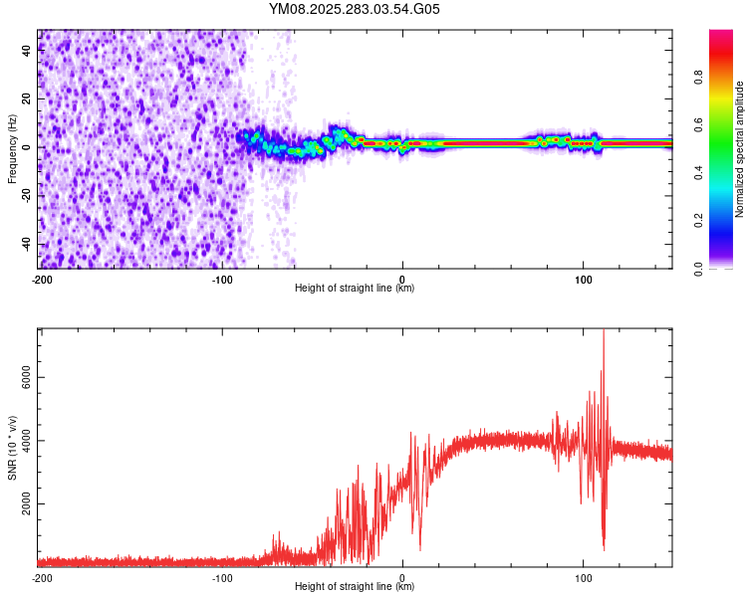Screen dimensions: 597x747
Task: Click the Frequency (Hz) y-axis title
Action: click(13, 148)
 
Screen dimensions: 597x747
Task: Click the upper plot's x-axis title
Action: click(355, 289)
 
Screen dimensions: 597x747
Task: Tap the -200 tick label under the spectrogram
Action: click(42, 279)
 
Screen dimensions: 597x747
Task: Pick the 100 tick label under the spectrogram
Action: click(584, 279)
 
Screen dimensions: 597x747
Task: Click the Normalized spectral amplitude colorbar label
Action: click(740, 149)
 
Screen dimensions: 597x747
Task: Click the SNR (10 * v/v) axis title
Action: click(13, 448)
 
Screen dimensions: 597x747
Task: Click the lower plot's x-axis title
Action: click(355, 587)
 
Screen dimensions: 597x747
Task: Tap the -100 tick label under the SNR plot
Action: click(222, 577)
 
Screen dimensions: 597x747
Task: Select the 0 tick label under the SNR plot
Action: click(402, 577)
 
